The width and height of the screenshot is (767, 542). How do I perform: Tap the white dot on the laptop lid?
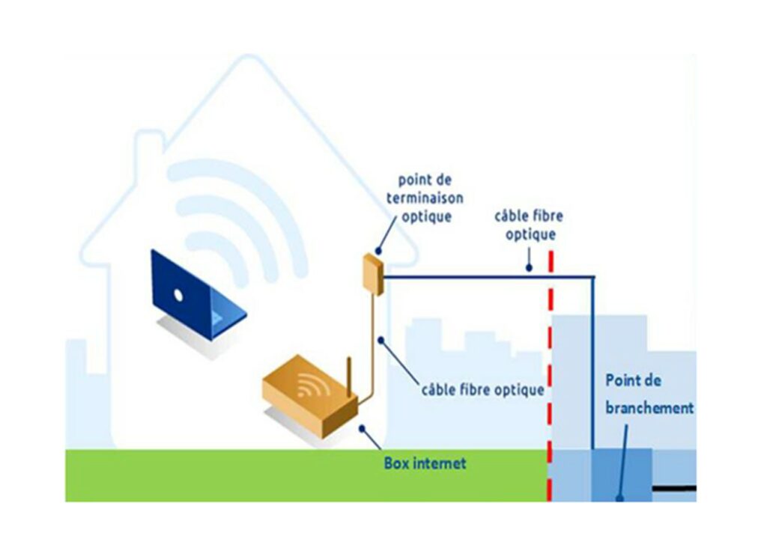[x=178, y=294]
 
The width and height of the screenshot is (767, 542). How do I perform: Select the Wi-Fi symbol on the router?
[x=308, y=386]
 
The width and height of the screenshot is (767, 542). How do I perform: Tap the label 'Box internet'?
[x=425, y=463]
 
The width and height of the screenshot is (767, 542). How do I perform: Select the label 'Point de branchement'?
[x=649, y=394]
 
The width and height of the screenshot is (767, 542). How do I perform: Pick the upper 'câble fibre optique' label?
[x=528, y=225]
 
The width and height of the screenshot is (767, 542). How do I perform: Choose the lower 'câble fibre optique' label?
[x=482, y=390]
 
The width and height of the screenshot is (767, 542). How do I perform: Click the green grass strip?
[x=225, y=475]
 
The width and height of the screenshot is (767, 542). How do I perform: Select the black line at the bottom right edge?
[x=673, y=489]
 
